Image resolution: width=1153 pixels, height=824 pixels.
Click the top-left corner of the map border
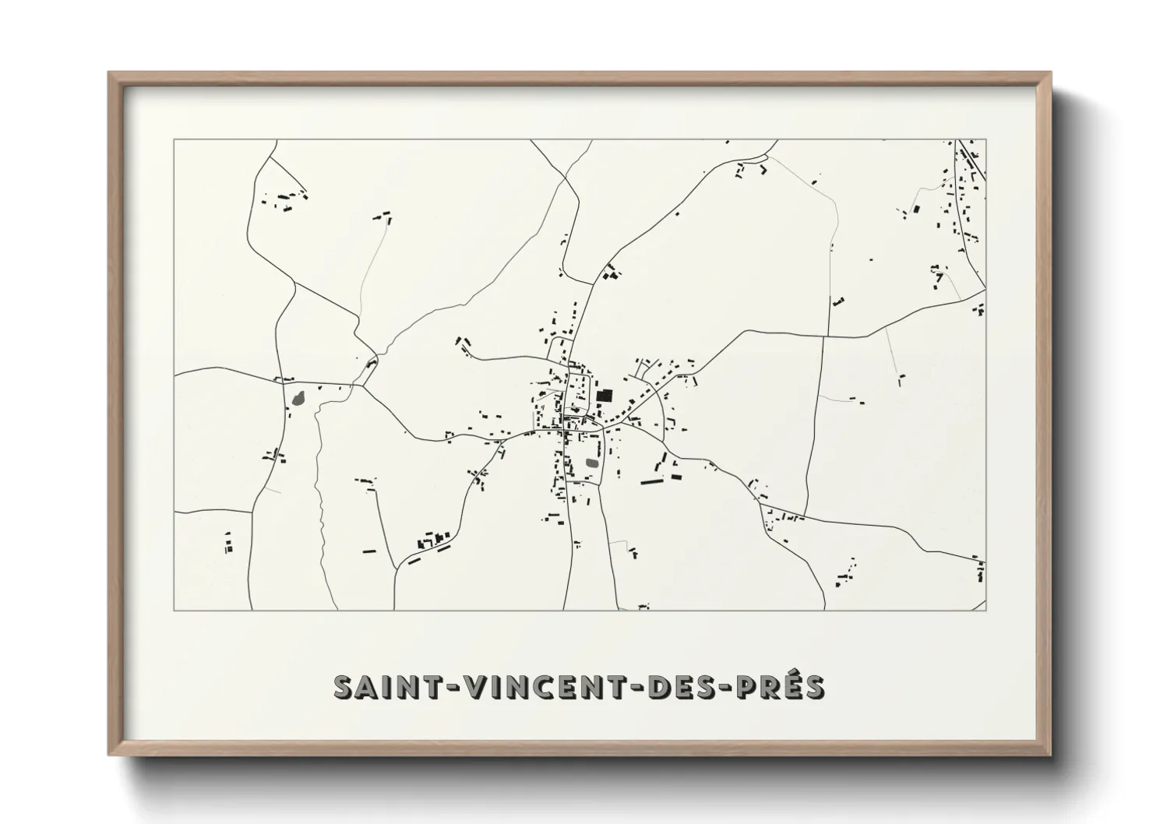coord(174,140)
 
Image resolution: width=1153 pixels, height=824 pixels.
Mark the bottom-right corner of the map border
coord(986,610)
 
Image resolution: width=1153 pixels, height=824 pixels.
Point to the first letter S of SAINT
coord(344,686)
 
